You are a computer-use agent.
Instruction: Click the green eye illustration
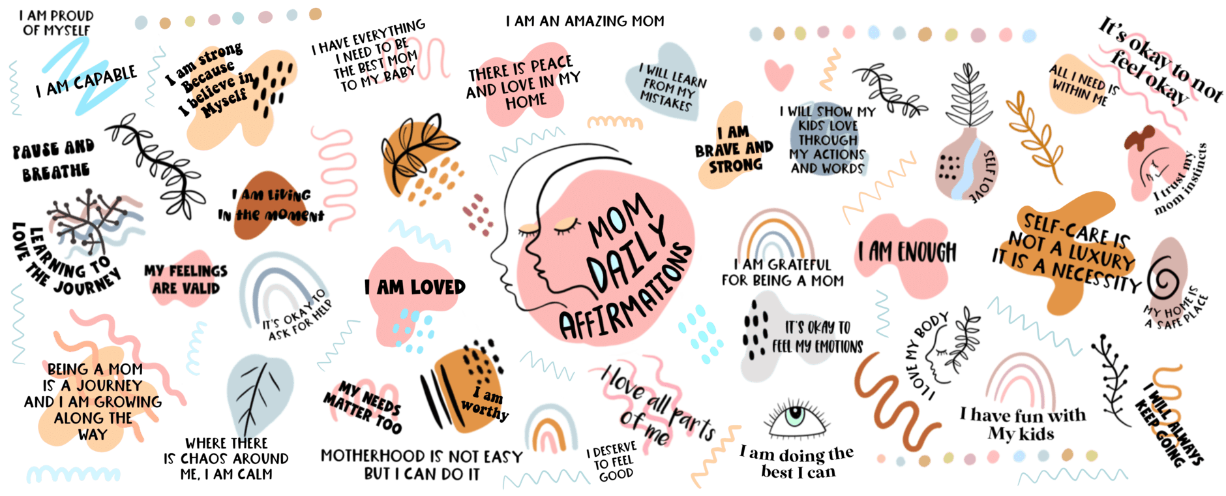796,418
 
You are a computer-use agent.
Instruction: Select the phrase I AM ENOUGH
907,252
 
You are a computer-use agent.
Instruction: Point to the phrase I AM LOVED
415,287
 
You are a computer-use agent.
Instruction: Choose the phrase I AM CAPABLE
87,82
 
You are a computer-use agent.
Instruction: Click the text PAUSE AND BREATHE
53,161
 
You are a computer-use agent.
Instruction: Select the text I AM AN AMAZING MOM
585,21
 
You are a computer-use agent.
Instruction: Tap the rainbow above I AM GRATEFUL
775,235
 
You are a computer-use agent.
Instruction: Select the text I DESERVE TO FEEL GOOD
611,461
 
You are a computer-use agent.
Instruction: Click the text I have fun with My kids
1022,424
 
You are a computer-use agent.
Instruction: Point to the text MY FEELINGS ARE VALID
186,279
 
